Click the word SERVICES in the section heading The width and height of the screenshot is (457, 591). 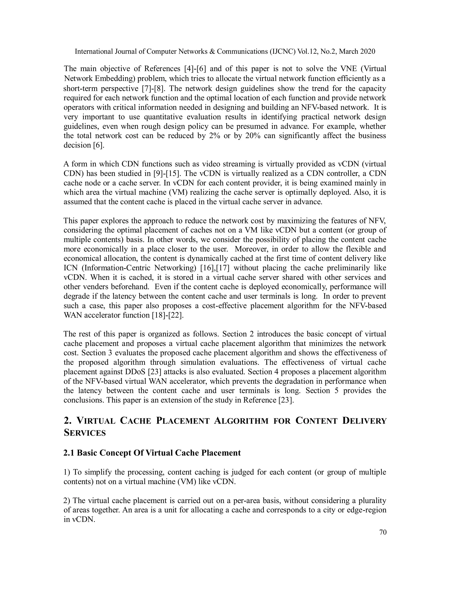[85, 433]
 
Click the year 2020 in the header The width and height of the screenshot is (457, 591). [368, 52]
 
